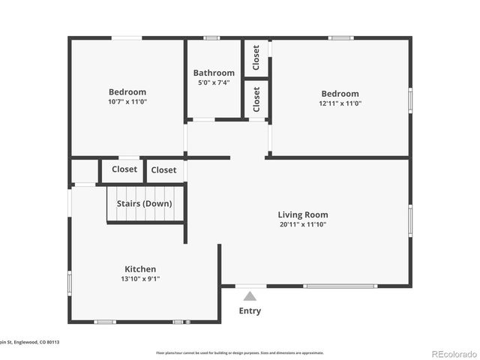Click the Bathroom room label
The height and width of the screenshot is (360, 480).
(214, 73)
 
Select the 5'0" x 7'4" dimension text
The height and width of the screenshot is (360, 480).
(214, 82)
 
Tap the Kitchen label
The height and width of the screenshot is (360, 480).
(140, 269)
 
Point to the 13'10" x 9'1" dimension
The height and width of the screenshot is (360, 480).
(140, 279)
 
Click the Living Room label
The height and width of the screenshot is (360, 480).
(302, 214)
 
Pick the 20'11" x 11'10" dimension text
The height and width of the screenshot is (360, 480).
(302, 223)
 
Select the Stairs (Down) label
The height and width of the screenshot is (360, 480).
(144, 203)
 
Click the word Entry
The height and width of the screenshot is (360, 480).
(250, 310)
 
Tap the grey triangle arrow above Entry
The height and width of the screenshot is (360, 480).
(250, 296)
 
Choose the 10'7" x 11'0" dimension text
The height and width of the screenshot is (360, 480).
(127, 101)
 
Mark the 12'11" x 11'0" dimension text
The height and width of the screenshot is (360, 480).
(340, 103)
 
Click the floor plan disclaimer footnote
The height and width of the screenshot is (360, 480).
(240, 352)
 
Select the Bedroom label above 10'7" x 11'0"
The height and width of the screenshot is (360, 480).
(127, 92)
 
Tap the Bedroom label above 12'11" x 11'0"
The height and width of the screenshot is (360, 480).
(340, 94)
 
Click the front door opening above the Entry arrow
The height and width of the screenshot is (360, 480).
(250, 285)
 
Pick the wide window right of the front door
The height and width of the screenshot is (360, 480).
(340, 286)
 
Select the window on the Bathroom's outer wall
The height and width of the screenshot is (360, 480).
(212, 37)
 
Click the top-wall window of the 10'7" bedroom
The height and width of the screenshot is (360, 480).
(127, 37)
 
